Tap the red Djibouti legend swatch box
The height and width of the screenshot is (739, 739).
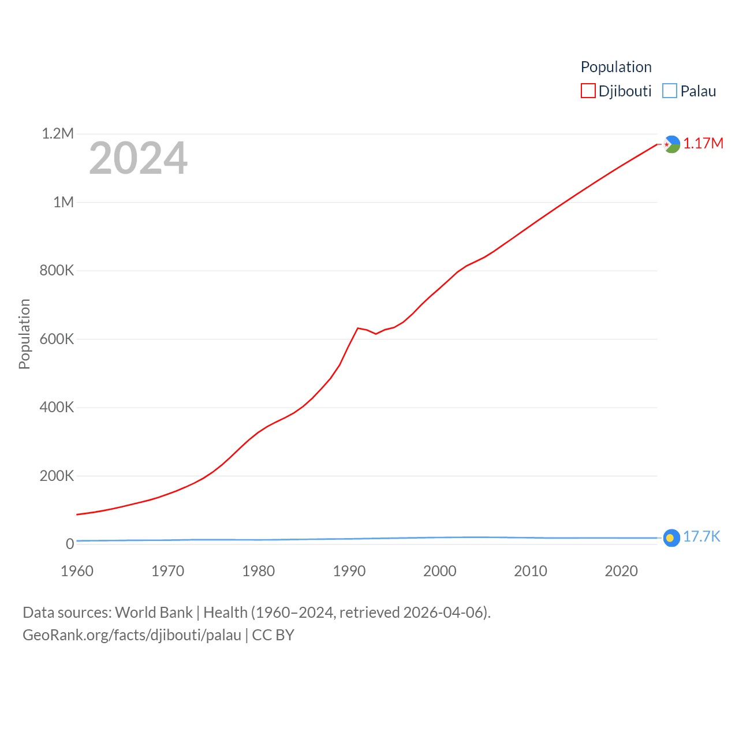click(x=588, y=91)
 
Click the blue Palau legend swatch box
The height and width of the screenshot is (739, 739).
click(x=670, y=91)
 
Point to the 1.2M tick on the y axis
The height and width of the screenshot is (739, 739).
click(x=58, y=134)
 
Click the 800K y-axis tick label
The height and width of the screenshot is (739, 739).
click(x=57, y=271)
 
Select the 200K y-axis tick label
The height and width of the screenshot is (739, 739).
click(x=57, y=476)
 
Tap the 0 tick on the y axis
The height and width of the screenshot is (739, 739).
click(x=70, y=544)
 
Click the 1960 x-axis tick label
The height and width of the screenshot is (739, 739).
click(x=77, y=571)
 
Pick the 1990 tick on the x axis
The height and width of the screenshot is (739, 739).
click(x=349, y=571)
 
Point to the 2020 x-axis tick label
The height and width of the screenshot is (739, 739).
click(x=621, y=571)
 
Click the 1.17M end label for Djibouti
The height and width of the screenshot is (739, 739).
click(x=703, y=143)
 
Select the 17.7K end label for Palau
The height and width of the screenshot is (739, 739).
click(x=701, y=537)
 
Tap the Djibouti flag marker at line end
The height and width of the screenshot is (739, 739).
click(x=671, y=144)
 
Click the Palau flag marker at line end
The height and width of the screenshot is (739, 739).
click(x=671, y=538)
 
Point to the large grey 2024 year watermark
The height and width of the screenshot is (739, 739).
click(x=138, y=158)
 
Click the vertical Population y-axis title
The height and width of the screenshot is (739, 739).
click(x=24, y=334)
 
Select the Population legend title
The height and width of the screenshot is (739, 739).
click(x=616, y=67)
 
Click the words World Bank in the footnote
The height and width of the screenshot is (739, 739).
click(x=154, y=612)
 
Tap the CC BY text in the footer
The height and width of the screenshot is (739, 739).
click(x=273, y=635)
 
